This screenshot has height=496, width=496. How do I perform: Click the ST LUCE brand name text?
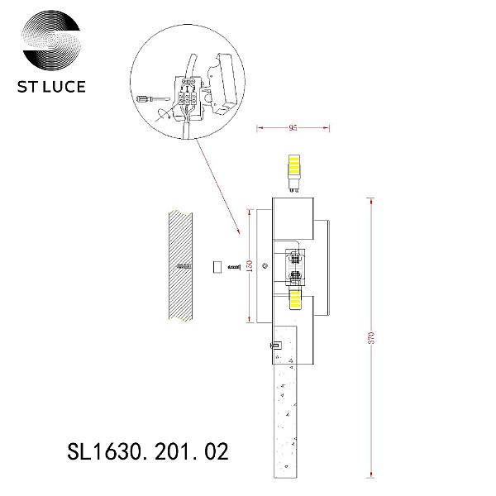(x=51, y=87)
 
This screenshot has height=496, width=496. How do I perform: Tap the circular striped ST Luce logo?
(x=51, y=40)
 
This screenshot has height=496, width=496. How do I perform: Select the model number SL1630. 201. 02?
(x=148, y=451)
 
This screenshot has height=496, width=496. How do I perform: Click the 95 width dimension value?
(x=293, y=128)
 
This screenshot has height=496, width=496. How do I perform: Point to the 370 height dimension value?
(x=371, y=338)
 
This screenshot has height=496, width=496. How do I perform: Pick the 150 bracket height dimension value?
(x=250, y=265)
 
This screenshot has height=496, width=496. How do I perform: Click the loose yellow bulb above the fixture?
(x=293, y=174)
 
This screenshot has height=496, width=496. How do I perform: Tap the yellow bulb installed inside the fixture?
(x=295, y=301)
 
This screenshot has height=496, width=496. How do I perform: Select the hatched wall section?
(x=180, y=266)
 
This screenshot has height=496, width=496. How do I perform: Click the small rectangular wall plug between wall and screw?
(x=217, y=266)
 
